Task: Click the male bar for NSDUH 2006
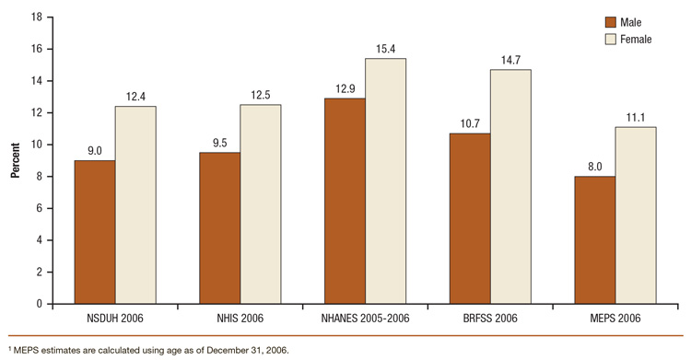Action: click(95, 232)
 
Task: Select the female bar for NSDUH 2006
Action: click(135, 204)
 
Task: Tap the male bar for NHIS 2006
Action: click(220, 227)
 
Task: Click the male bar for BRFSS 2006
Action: click(470, 218)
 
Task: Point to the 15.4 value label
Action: click(386, 50)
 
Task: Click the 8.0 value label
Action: click(594, 168)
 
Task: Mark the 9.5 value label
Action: click(220, 144)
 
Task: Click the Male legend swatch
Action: click(610, 21)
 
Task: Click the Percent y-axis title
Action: click(16, 160)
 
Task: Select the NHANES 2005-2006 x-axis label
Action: click(365, 318)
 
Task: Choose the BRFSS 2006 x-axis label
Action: click(490, 318)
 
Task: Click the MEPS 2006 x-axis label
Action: click(615, 318)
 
